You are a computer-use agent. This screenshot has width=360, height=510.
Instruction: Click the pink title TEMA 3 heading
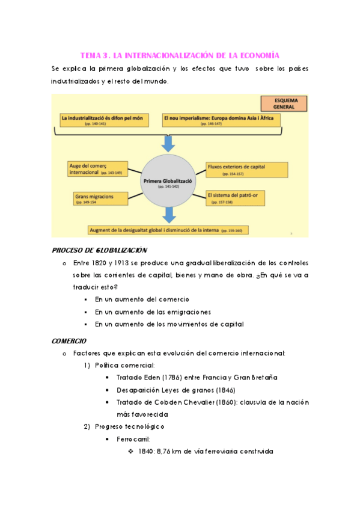(180, 55)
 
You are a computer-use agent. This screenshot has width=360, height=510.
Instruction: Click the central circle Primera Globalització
(169, 182)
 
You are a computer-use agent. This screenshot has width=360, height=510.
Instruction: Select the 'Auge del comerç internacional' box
(99, 168)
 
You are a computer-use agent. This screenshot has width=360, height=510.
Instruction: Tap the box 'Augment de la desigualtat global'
(168, 230)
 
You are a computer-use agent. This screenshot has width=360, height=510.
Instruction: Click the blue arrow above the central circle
(169, 143)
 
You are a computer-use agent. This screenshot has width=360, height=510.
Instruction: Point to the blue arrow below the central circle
(170, 215)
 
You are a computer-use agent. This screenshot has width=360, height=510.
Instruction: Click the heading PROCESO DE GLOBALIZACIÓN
(100, 250)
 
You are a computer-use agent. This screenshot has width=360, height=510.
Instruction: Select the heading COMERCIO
(69, 340)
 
